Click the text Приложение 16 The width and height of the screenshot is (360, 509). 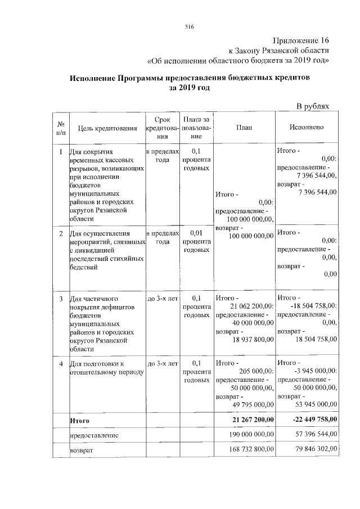click(300, 40)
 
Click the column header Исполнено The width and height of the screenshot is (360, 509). click(307, 128)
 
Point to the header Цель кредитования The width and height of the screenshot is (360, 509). click(107, 128)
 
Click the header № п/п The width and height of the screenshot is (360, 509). click(60, 128)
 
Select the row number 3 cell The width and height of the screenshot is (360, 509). click(60, 298)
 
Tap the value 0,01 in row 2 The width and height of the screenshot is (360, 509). click(196, 232)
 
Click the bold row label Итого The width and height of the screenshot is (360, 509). click(79, 420)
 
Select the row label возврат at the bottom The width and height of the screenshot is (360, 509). click(81, 451)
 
